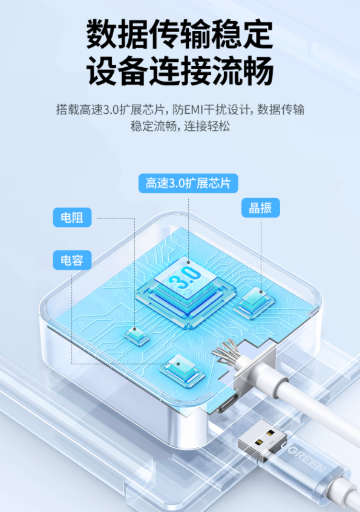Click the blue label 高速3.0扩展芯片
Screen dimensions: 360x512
point(188,183)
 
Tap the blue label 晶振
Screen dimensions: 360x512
point(260,208)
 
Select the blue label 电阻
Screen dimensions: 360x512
point(72,217)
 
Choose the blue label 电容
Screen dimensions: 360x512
point(72,260)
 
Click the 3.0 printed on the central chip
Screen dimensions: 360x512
point(185,278)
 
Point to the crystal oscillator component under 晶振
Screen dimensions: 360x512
point(255,303)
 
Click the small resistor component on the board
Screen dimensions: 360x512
point(136,336)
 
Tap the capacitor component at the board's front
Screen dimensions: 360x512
point(182,372)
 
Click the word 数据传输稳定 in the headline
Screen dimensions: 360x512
point(180,34)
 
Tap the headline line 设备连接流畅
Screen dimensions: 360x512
point(180,71)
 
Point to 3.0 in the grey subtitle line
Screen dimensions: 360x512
point(111,110)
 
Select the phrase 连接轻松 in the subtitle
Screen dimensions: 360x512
point(207,126)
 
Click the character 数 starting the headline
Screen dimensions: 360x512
point(102,34)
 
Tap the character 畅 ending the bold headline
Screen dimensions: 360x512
point(258,71)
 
